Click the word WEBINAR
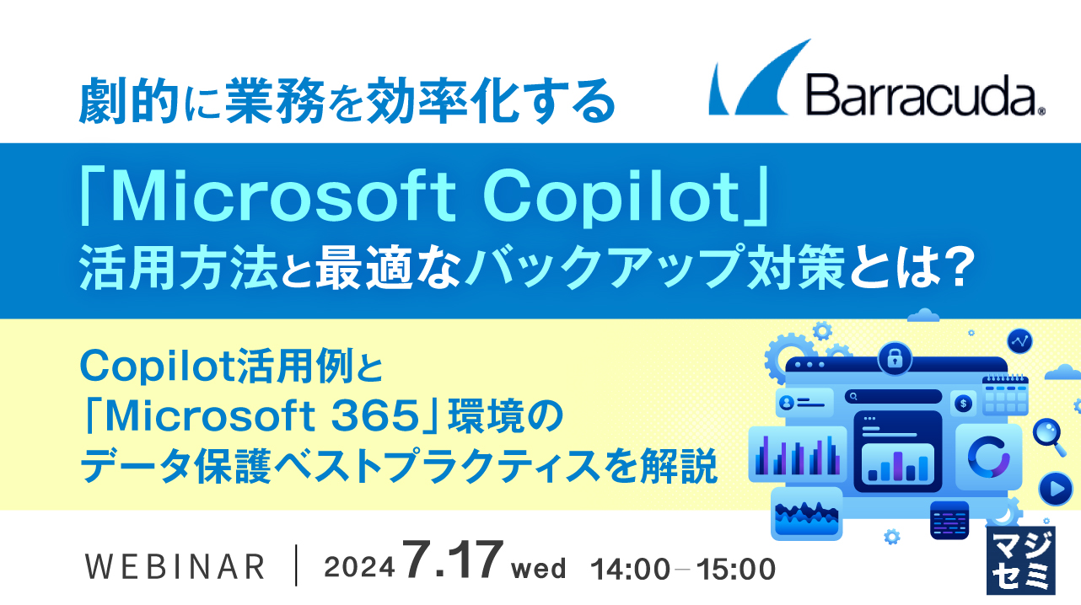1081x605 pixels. [x=175, y=568]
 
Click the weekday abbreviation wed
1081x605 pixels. [x=538, y=569]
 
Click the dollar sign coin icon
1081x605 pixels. [x=963, y=404]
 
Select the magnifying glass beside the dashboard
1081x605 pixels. [x=1046, y=433]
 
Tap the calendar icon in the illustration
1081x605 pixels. [x=1005, y=394]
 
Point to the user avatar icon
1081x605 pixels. [x=788, y=402]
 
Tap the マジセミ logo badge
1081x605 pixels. [x=1020, y=559]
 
